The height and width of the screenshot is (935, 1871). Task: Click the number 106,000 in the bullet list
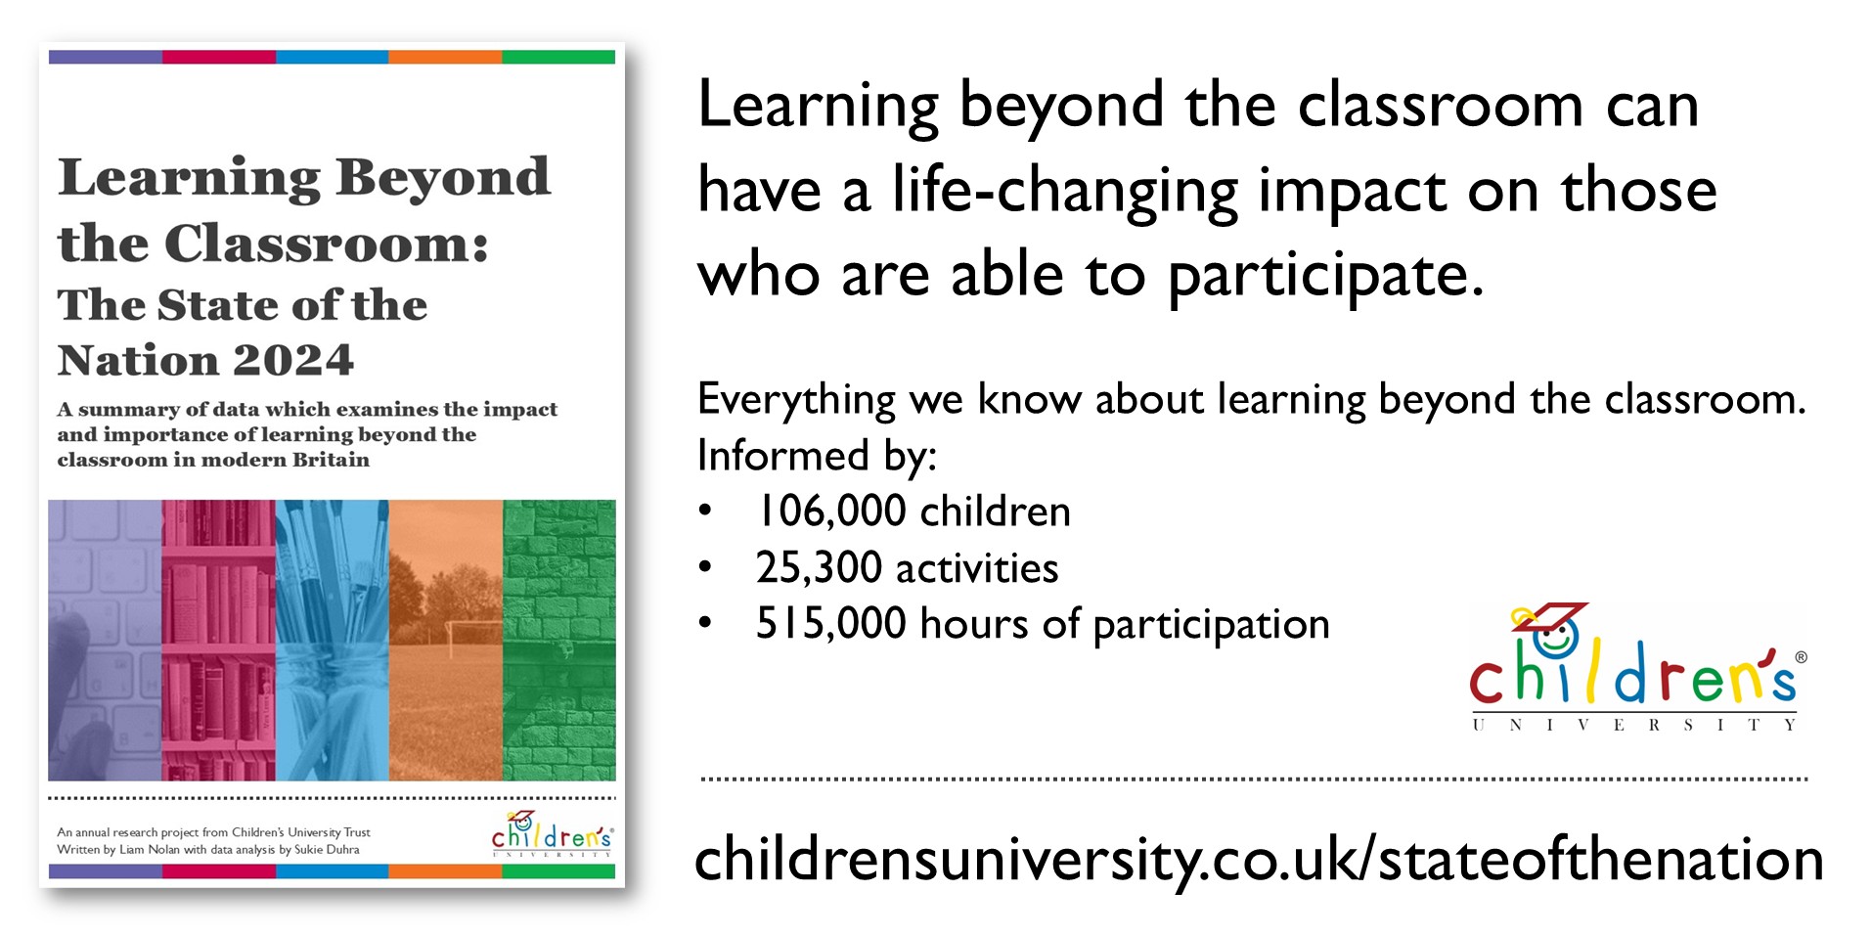pos(831,512)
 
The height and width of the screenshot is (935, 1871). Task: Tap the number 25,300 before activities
pos(819,567)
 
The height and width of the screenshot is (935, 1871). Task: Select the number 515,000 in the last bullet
pos(830,623)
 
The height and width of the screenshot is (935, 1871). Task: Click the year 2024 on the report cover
pos(292,360)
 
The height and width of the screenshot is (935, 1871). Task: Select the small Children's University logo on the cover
pos(552,834)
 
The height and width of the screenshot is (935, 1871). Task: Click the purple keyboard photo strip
pos(105,641)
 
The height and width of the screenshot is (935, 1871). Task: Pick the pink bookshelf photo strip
pos(219,641)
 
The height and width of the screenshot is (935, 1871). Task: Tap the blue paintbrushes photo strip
pos(333,641)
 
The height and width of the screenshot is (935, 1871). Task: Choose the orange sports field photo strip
pos(446,641)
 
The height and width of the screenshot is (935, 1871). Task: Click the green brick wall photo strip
pos(559,641)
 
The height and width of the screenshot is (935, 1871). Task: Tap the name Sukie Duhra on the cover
pos(327,850)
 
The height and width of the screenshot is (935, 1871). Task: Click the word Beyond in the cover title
pos(443,178)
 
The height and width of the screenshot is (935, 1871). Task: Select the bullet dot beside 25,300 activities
pos(705,567)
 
